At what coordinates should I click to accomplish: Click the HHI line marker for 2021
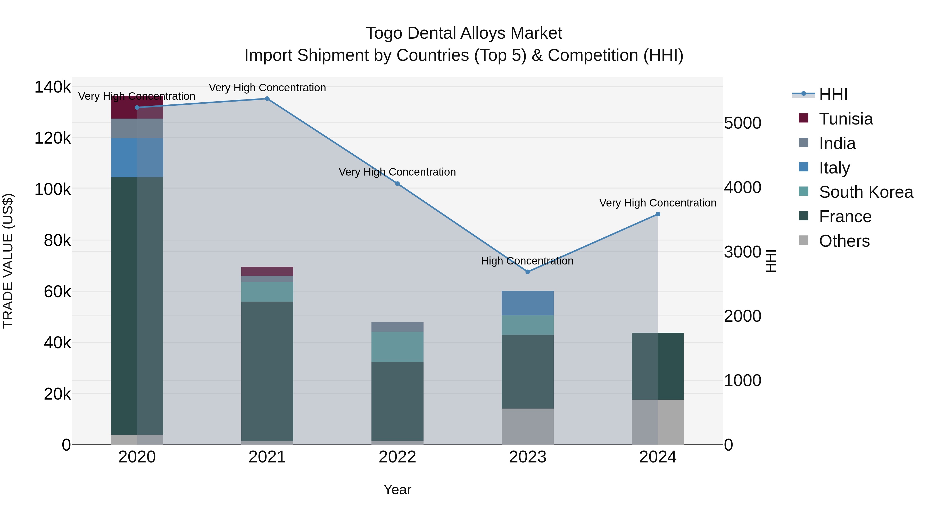click(x=267, y=99)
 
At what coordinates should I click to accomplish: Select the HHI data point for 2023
click(x=528, y=272)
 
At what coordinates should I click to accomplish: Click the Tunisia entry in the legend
click(x=846, y=119)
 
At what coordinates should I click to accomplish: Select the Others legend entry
click(x=844, y=241)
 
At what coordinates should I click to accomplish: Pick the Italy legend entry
click(x=834, y=168)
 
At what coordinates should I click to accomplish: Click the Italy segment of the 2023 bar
click(x=528, y=303)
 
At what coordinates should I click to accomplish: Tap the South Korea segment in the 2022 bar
click(x=397, y=346)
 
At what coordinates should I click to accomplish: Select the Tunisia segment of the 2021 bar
click(x=267, y=271)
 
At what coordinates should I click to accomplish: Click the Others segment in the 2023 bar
click(x=528, y=427)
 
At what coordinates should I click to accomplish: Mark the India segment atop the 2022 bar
click(x=397, y=327)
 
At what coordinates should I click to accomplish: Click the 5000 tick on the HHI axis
click(x=742, y=123)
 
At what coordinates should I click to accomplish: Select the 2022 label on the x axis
click(x=397, y=457)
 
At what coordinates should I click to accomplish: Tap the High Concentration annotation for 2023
click(x=527, y=261)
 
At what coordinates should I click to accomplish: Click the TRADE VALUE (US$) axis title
click(x=8, y=261)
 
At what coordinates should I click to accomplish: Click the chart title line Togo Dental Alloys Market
click(x=464, y=33)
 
